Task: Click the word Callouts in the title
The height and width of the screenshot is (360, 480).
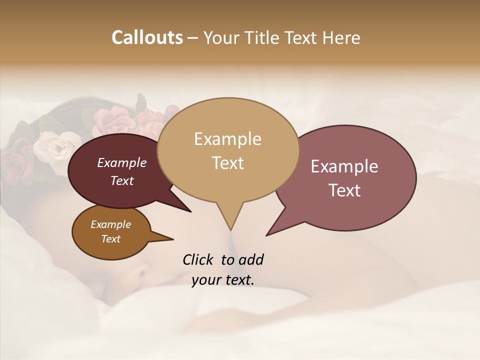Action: [147, 37]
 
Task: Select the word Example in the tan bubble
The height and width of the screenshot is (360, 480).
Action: [227, 139]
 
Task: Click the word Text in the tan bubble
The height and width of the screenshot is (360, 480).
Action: [227, 163]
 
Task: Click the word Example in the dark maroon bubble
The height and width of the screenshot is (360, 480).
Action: [121, 162]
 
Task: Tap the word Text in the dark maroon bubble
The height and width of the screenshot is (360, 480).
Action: [121, 180]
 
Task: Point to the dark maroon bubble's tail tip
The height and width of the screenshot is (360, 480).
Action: [190, 211]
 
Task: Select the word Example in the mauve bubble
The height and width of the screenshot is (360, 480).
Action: [344, 166]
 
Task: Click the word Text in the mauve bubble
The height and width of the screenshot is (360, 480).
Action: [344, 190]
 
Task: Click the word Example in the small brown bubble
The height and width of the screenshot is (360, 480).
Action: [110, 224]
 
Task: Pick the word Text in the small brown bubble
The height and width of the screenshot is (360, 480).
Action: [110, 239]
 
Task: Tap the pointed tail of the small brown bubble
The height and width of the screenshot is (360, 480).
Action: [173, 239]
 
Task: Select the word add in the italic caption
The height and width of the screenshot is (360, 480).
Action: [251, 259]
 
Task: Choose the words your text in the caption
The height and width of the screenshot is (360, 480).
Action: [223, 280]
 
